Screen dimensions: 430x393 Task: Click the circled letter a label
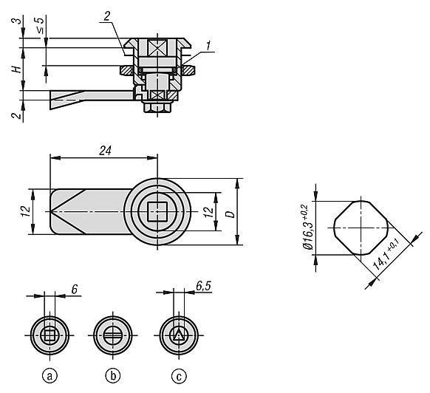50,376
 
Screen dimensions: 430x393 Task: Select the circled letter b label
113,376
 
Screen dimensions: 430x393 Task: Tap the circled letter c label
179,376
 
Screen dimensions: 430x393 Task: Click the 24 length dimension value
106,151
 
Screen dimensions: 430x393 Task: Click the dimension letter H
17,69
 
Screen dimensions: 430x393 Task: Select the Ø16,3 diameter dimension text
307,228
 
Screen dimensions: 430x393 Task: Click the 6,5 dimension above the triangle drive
203,286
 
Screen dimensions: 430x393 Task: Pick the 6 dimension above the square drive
75,290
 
